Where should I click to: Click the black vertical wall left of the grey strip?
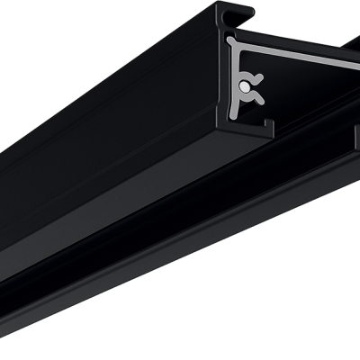point(222,81)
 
